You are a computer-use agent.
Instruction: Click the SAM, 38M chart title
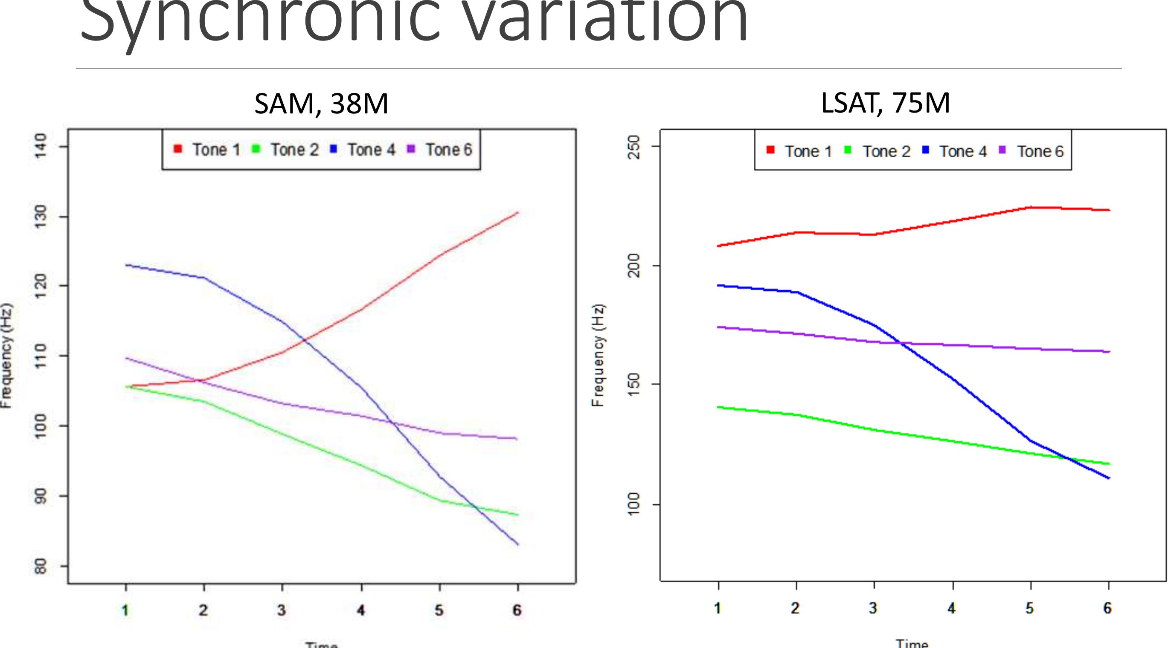point(321,104)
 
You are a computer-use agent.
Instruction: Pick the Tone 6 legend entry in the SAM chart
point(440,150)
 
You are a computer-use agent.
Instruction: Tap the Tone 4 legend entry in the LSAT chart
point(955,151)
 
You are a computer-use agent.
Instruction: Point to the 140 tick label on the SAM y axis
point(41,146)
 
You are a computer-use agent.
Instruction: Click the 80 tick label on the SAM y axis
point(41,566)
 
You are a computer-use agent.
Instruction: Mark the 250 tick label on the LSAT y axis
point(633,147)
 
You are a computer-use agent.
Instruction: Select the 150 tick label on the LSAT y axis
point(633,385)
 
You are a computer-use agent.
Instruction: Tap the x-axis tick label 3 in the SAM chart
point(282,610)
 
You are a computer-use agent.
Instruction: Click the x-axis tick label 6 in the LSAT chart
point(1108,608)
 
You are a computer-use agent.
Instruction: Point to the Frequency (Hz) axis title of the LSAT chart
point(598,356)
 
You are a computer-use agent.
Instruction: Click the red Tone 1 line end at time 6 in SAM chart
point(517,213)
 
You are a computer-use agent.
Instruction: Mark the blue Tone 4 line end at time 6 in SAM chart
point(517,544)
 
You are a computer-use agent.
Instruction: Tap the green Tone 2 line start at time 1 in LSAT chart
point(718,407)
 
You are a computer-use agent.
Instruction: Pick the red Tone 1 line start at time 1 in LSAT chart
point(718,246)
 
